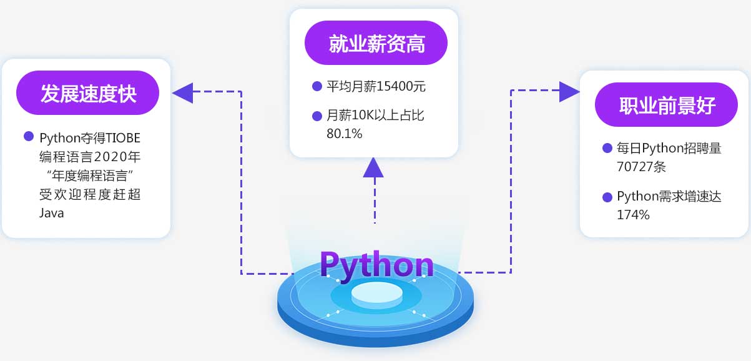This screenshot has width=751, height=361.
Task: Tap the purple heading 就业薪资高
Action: (x=376, y=44)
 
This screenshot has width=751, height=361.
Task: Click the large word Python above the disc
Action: (x=376, y=265)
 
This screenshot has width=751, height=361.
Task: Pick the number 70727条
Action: (x=642, y=167)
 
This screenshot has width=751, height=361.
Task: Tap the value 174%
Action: (x=633, y=214)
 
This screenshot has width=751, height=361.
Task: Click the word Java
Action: (x=52, y=212)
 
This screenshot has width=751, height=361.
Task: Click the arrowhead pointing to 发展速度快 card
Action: (x=182, y=92)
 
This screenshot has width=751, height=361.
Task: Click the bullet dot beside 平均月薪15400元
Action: (x=316, y=86)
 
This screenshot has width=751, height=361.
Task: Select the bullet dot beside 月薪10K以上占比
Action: (x=316, y=115)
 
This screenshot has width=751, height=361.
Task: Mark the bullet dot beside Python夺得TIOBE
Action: (x=28, y=136)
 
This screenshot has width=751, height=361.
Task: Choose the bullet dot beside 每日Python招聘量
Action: (x=607, y=148)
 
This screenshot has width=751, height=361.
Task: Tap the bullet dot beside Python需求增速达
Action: (x=607, y=197)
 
